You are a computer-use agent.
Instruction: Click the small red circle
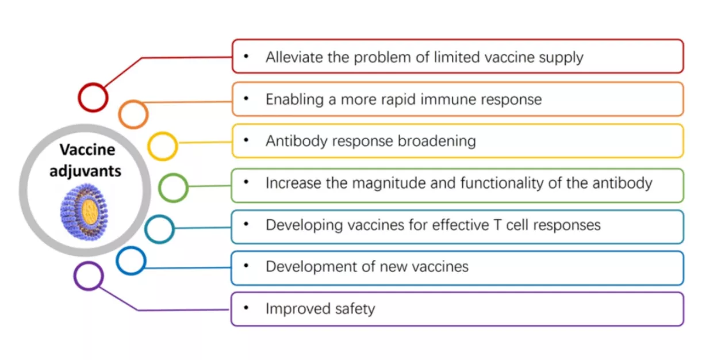tap(93, 97)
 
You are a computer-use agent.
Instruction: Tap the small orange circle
tap(133, 114)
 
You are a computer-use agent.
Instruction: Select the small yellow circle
tap(163, 146)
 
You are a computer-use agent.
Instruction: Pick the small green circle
tap(173, 187)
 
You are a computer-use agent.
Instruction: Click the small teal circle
tap(159, 229)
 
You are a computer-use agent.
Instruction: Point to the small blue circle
tap(131, 261)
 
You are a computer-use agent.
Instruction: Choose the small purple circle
tap(89, 276)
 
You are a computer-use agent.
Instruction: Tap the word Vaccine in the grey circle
tap(87, 150)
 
